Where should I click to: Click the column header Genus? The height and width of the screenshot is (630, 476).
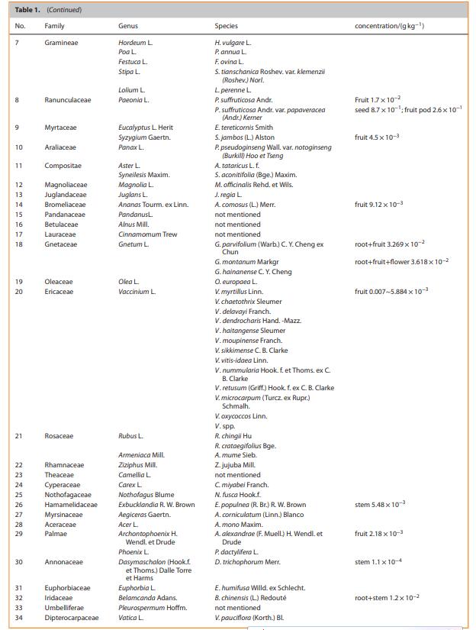pyautogui.click(x=128, y=26)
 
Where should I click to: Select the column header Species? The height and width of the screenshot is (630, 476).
pyautogui.click(x=227, y=26)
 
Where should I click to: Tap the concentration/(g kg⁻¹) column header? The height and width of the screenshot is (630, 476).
pyautogui.click(x=390, y=26)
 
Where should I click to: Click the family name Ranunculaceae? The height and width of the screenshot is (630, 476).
pyautogui.click(x=68, y=100)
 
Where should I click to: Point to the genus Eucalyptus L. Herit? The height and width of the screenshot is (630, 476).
pyautogui.click(x=146, y=128)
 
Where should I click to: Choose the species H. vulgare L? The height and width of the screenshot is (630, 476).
pyautogui.click(x=233, y=43)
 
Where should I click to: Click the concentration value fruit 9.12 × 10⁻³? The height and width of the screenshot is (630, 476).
pyautogui.click(x=379, y=205)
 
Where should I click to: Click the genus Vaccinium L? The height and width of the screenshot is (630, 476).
pyautogui.click(x=137, y=292)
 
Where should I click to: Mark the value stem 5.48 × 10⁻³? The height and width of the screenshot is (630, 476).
pyautogui.click(x=380, y=505)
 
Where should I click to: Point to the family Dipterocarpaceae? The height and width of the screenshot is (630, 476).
pyautogui.click(x=72, y=617)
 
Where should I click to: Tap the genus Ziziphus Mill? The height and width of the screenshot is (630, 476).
pyautogui.click(x=138, y=464)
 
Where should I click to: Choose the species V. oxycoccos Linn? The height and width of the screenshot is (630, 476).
pyautogui.click(x=241, y=416)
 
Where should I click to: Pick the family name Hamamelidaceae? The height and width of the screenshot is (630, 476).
pyautogui.click(x=71, y=505)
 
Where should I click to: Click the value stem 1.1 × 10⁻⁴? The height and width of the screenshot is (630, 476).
pyautogui.click(x=379, y=562)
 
